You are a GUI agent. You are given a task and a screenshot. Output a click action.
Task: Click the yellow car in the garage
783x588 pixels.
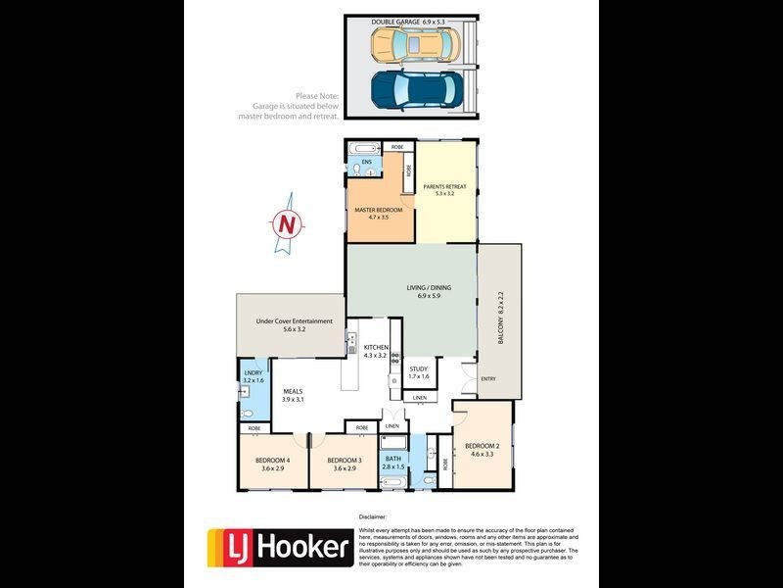(x=415, y=43)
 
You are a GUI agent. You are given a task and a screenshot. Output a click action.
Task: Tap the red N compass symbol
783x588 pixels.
(x=286, y=224)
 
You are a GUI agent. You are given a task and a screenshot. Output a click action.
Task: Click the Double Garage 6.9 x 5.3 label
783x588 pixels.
(x=410, y=21)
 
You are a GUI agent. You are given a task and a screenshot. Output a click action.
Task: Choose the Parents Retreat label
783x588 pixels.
(x=444, y=189)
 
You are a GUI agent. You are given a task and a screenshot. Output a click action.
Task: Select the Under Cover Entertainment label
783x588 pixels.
(x=295, y=325)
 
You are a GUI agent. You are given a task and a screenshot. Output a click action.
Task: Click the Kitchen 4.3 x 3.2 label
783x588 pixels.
(x=377, y=352)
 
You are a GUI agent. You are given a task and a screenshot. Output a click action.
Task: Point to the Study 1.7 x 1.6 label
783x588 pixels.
(x=419, y=372)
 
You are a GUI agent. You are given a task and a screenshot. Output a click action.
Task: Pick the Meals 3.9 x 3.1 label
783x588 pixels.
(x=293, y=394)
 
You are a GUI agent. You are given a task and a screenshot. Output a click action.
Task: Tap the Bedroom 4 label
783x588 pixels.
(x=271, y=465)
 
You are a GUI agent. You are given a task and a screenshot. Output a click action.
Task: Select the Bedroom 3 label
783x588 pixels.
(x=345, y=465)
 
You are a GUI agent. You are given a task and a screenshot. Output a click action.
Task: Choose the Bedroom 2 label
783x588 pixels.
(x=483, y=449)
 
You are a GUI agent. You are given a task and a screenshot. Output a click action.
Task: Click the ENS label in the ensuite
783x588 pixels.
(x=367, y=161)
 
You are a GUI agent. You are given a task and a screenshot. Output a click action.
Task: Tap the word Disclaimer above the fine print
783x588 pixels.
(x=373, y=515)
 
